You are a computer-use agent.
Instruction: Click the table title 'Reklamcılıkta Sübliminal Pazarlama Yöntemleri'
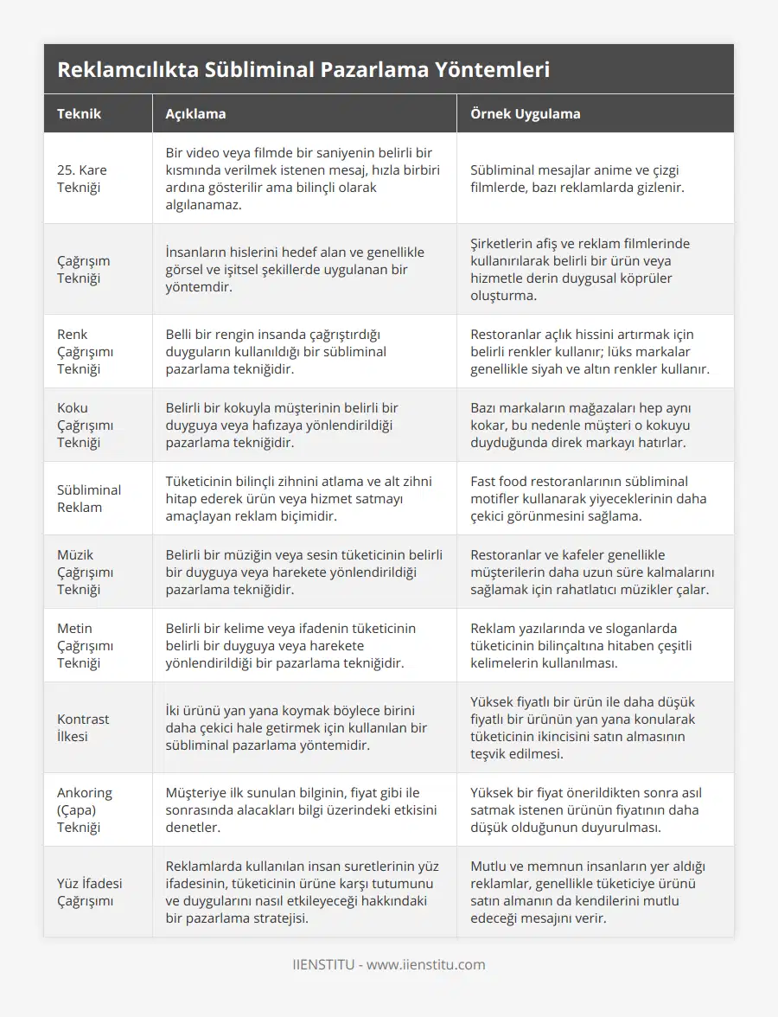pyautogui.click(x=303, y=69)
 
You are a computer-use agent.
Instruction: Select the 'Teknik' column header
pyautogui.click(x=80, y=114)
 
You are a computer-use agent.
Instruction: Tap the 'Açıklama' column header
pyautogui.click(x=196, y=114)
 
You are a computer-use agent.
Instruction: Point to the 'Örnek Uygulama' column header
pyautogui.click(x=525, y=114)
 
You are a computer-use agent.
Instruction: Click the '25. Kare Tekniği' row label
pyautogui.click(x=82, y=178)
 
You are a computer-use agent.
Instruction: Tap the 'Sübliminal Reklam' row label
pyautogui.click(x=89, y=498)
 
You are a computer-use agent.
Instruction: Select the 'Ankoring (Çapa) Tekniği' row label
pyautogui.click(x=85, y=809)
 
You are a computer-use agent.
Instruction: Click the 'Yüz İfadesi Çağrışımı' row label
pyautogui.click(x=89, y=892)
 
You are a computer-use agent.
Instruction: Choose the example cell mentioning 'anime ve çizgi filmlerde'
pyautogui.click(x=577, y=178)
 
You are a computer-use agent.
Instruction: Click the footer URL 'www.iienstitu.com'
pyautogui.click(x=426, y=964)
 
